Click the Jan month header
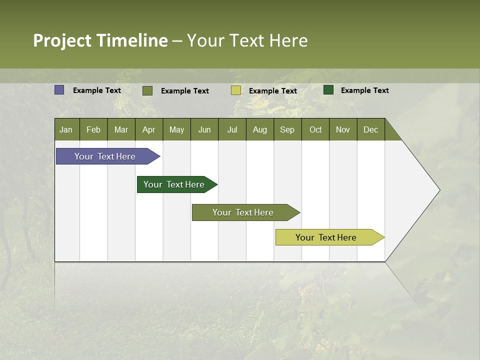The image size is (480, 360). pos(66,129)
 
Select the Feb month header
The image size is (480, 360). pos(93,129)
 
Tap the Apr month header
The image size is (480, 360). pos(149,129)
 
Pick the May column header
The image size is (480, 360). pos(176,129)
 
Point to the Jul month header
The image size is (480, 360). pos(232,129)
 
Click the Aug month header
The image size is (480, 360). pos(260,129)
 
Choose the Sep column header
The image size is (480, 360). pos(287,129)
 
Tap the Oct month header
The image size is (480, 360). pos(315,129)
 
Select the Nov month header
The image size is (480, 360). pos(343,129)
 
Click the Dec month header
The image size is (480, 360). pos(371,129)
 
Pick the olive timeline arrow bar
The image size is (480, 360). pos(243,212)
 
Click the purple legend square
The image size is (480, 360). pos(59,90)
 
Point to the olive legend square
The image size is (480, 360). pos(147,90)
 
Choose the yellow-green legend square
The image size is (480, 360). pos(236,90)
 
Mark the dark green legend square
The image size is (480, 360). pos(328,90)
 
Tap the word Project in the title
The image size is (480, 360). pos(62,40)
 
